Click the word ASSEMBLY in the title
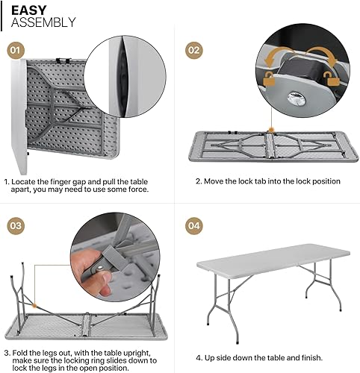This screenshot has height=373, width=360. pyautogui.click(x=43, y=22)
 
